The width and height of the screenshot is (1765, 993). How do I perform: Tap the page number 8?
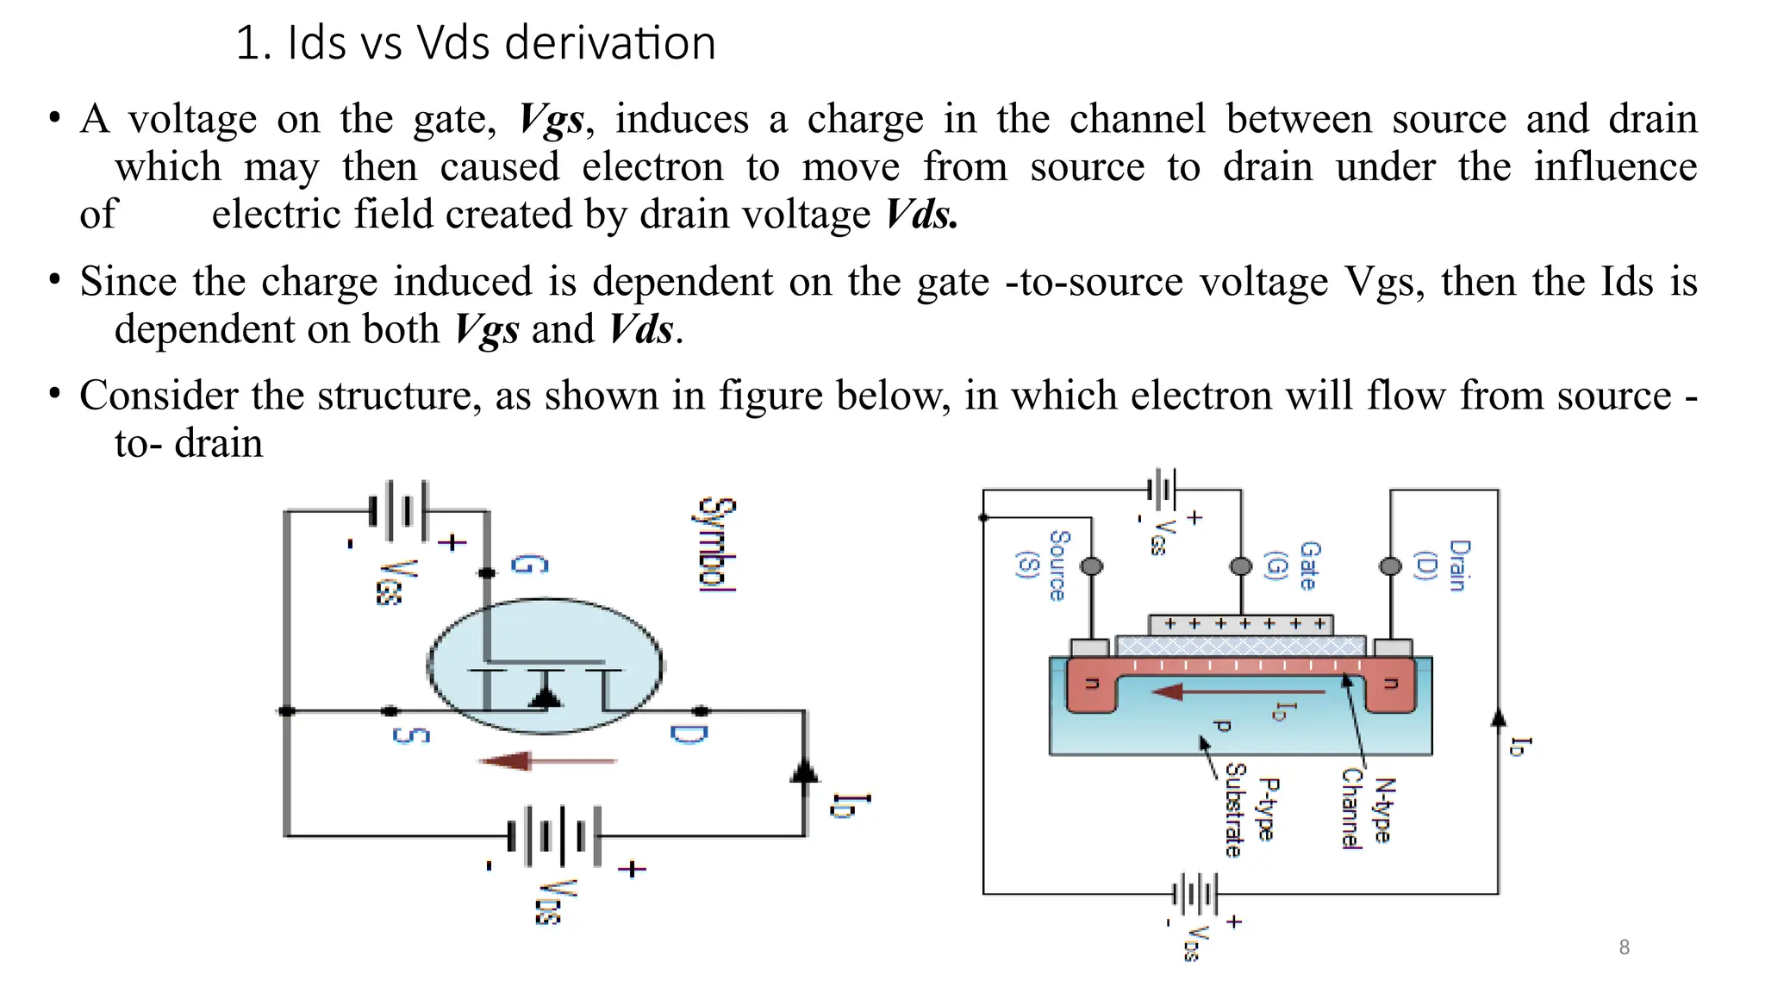click(x=1624, y=947)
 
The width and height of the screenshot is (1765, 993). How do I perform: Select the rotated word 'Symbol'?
click(x=717, y=544)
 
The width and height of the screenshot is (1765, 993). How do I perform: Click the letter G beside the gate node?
click(x=529, y=565)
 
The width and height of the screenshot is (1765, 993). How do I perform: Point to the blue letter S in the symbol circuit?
click(x=410, y=735)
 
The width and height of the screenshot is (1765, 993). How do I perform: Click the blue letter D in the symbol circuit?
click(x=689, y=734)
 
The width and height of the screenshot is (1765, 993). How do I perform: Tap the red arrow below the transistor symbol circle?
click(x=547, y=761)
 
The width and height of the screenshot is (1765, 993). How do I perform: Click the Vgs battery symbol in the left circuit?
click(x=397, y=510)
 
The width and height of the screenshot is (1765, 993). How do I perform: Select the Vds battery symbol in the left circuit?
click(x=554, y=835)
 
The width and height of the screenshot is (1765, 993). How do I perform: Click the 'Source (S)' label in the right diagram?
click(x=1044, y=565)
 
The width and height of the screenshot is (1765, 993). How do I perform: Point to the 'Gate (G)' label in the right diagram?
click(x=1293, y=565)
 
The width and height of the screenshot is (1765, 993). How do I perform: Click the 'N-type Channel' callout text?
click(x=1367, y=809)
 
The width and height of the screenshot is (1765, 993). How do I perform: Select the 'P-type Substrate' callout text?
click(x=1250, y=810)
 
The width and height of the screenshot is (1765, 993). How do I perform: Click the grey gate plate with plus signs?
click(x=1240, y=624)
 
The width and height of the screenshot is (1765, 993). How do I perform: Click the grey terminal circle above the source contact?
click(x=1091, y=566)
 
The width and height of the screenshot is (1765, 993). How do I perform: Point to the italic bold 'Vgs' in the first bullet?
click(x=552, y=120)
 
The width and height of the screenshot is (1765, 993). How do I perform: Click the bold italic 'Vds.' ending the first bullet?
click(x=921, y=215)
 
